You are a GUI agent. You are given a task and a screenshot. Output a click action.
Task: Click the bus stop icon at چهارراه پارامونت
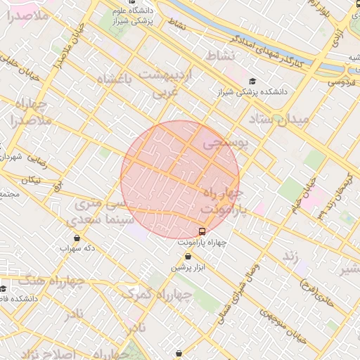tap(202, 231)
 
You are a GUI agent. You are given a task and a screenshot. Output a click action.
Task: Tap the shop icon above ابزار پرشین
tap(187, 257)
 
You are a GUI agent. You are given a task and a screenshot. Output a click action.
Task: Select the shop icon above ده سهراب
tap(77, 238)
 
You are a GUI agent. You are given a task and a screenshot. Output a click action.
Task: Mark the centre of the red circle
tap(181, 180)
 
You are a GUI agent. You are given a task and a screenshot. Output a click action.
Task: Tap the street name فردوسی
tap(340, 82)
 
